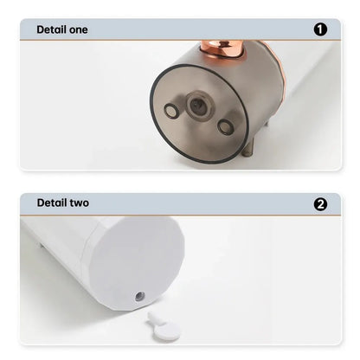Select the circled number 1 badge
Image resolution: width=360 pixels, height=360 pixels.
pos(321,29)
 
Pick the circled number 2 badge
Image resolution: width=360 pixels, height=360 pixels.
pos(321,204)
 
